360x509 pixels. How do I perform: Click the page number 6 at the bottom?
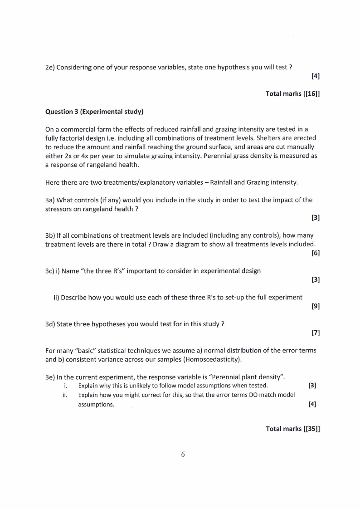click(183, 455)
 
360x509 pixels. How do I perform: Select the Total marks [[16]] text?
click(292, 93)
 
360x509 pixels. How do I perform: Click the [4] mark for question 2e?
click(316, 76)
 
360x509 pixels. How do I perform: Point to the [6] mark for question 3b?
click(316, 253)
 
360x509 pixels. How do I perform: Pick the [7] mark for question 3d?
click(316, 333)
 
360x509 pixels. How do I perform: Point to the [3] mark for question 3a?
click(316, 218)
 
